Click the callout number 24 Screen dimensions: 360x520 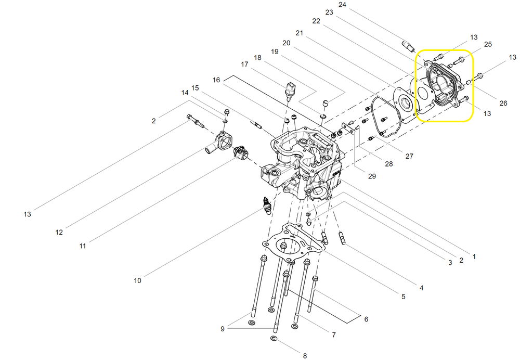356,5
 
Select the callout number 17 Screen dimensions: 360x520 244,64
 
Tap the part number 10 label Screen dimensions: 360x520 137,280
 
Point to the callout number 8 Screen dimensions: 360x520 305,356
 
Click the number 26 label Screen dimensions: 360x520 503,103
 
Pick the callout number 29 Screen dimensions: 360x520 372,176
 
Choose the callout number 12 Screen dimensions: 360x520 59,232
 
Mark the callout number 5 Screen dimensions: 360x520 403,297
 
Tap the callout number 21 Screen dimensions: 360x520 299,33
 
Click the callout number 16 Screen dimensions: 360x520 216,80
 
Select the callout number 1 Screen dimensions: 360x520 474,256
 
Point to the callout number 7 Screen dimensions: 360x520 333,335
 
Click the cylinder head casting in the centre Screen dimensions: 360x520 304,164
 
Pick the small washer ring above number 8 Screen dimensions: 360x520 274,339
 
